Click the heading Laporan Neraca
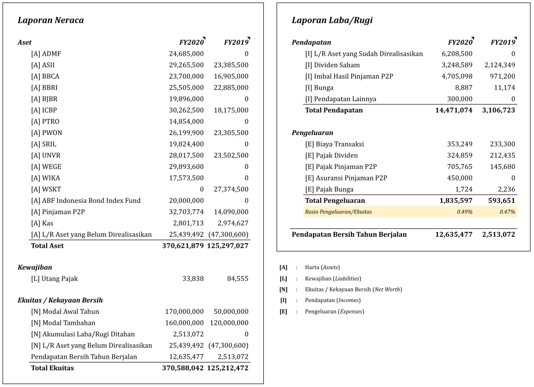51,20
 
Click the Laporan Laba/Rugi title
332,20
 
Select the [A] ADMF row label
46,54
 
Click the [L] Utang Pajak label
54,279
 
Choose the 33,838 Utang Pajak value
193,279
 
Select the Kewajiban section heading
34,267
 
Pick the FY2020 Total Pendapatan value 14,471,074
454,111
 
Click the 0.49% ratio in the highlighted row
465,212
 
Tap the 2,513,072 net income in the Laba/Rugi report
497,235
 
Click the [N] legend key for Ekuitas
283,289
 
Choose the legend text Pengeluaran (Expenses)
334,311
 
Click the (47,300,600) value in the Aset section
228,234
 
